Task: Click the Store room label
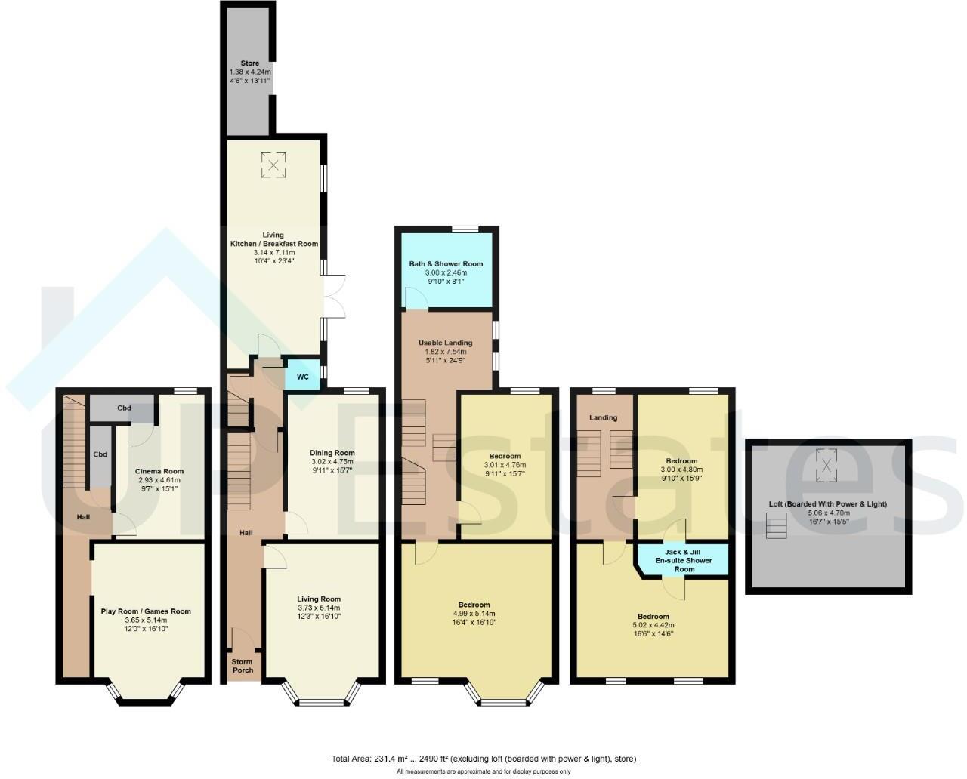[x=250, y=63]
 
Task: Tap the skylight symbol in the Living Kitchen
[x=273, y=165]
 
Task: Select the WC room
[x=302, y=377]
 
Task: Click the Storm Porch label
[x=243, y=666]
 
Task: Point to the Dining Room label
[x=332, y=453]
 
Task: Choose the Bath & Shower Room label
[x=446, y=264]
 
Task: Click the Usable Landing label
[x=446, y=343]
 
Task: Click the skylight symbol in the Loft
[x=828, y=462]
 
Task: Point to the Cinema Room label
[x=159, y=471]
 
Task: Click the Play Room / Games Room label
[x=146, y=611]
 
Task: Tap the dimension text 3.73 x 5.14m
[x=319, y=608]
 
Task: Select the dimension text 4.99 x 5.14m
[x=474, y=614]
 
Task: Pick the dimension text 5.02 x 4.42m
[x=653, y=625]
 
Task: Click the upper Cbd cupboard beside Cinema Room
[x=124, y=408]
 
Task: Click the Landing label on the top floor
[x=603, y=417]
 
